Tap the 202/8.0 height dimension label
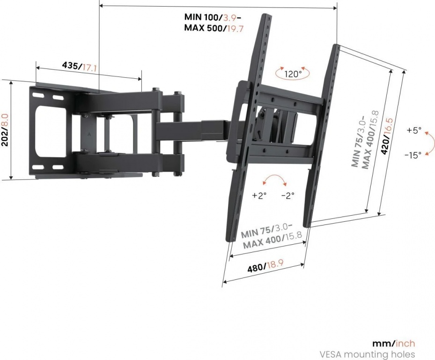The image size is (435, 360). point(5,129)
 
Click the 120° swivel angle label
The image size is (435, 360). point(293,74)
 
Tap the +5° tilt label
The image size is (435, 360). point(414,130)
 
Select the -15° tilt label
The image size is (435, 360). point(413,155)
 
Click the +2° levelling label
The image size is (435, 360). point(259,195)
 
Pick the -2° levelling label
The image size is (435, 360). point(288,196)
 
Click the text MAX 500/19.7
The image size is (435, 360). point(214,28)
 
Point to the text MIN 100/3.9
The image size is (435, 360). point(210,16)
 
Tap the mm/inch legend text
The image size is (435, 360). point(394,344)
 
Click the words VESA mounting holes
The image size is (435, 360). point(367,354)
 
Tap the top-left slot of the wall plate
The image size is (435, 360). point(39,96)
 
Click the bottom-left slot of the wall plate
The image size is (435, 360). point(38,167)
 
